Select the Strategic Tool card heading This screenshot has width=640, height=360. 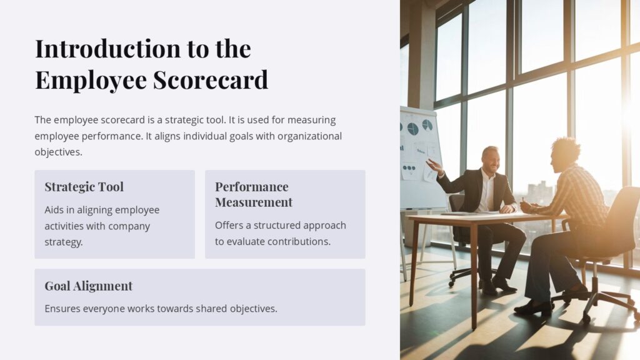[84, 187]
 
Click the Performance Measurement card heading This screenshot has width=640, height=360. [253, 194]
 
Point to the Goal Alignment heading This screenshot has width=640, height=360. [88, 286]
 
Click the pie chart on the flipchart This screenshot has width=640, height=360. [412, 129]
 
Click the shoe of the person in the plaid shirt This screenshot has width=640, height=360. [531, 307]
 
